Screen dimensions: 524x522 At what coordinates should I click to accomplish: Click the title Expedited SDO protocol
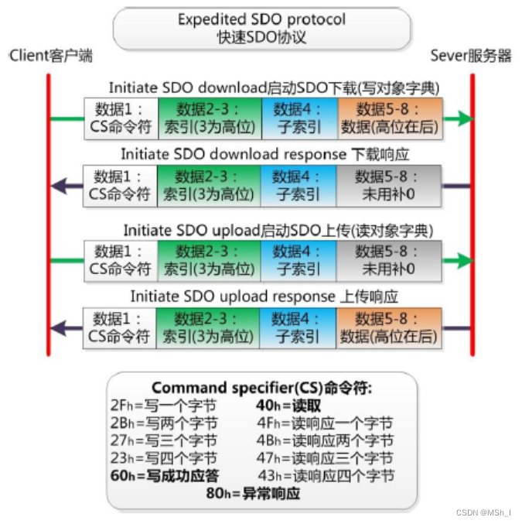[261, 19]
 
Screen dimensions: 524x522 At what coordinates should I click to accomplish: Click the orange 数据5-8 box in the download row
[388, 118]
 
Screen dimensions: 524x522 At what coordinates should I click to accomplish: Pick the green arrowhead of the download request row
[462, 118]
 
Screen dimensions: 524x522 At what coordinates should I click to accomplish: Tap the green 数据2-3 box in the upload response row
[209, 327]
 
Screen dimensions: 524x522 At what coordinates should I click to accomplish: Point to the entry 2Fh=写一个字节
[164, 405]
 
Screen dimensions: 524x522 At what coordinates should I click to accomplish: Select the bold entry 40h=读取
[288, 405]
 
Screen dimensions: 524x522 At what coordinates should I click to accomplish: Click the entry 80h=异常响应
[253, 493]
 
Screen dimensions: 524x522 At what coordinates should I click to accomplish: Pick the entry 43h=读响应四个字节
[326, 476]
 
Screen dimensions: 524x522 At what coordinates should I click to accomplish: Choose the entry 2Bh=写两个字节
[164, 423]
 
